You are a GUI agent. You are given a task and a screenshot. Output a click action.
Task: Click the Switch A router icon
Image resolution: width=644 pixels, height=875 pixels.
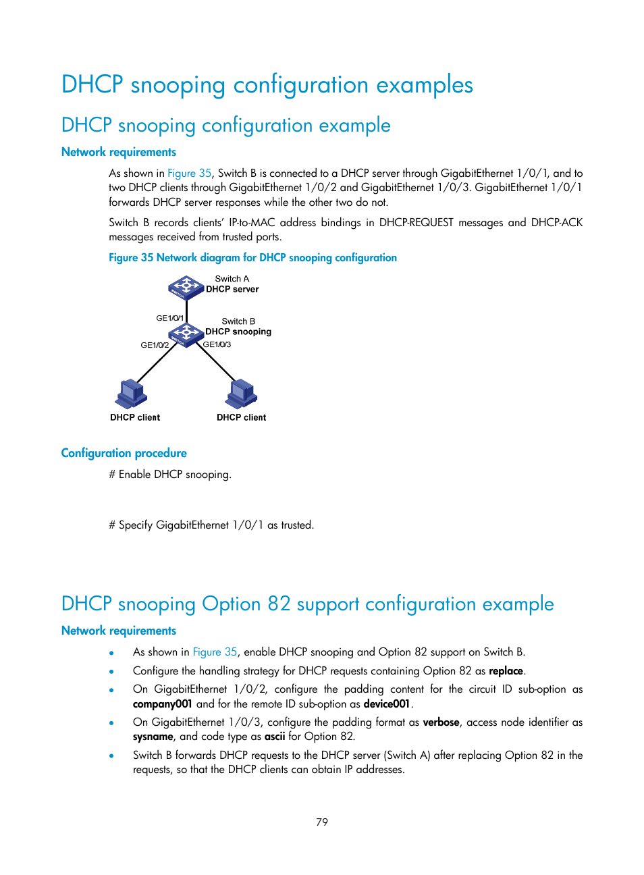186,288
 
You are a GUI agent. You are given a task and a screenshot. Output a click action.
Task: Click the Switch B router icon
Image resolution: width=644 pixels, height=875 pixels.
186,333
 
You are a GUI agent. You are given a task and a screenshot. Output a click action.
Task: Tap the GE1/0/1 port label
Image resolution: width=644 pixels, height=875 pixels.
169,318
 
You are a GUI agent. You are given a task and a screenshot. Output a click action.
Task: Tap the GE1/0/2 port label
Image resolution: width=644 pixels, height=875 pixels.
155,345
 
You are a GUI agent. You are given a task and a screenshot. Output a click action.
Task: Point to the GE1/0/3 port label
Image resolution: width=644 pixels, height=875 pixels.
217,344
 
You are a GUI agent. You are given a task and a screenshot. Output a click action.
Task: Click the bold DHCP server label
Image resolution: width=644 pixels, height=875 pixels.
232,290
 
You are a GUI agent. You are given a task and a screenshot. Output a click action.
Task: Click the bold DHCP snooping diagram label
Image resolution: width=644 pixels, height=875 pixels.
238,332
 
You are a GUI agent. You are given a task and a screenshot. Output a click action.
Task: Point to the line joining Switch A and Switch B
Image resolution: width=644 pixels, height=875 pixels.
186,311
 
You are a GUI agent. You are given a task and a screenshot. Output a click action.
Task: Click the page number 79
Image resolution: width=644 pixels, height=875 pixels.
322,822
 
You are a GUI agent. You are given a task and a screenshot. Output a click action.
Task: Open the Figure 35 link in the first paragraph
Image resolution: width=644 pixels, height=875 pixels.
189,174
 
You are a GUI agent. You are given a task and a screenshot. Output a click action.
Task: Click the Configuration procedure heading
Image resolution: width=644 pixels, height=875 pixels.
124,453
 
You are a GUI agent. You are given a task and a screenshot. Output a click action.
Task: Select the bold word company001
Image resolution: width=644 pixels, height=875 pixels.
162,704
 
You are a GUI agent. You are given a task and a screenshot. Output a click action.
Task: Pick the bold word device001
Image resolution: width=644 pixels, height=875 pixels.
387,704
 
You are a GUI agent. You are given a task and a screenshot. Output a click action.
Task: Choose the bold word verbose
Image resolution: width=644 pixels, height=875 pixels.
441,722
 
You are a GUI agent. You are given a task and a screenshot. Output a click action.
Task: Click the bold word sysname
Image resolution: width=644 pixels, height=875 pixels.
153,737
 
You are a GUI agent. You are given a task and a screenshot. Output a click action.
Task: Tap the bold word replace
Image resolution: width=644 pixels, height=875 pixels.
506,671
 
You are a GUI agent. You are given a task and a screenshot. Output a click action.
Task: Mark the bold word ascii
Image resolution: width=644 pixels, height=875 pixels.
275,737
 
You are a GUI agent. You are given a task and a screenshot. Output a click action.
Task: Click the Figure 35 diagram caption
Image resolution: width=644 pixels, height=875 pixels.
252,258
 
